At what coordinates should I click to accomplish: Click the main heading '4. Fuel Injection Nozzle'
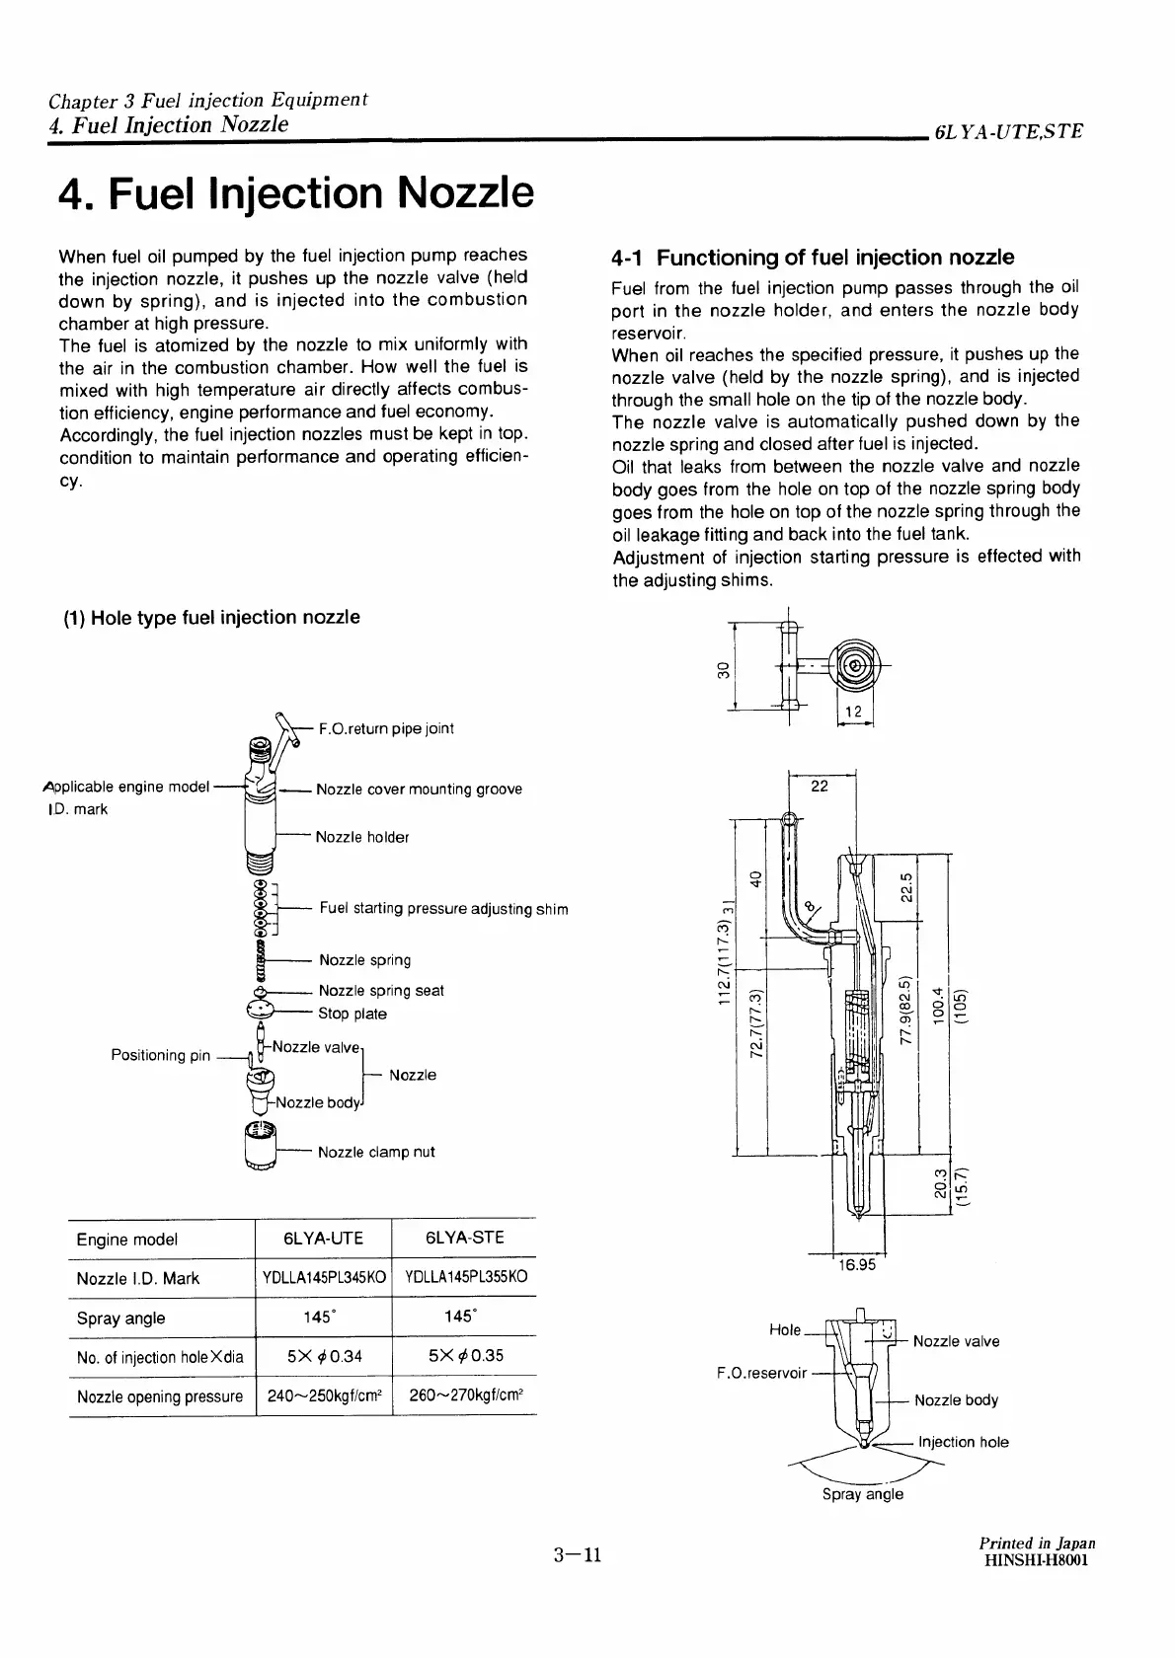(x=296, y=193)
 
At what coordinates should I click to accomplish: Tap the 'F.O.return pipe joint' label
(x=385, y=728)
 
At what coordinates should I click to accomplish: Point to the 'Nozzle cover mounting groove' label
(x=419, y=790)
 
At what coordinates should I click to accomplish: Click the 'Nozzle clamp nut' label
(x=376, y=1152)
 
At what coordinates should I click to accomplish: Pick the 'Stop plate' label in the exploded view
(x=352, y=1014)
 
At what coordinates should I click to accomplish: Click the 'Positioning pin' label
(x=161, y=1055)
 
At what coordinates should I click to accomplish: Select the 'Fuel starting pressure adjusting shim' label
(x=443, y=909)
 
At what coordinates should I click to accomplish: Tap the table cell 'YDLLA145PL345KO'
(x=323, y=1278)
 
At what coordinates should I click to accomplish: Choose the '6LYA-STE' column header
(x=464, y=1239)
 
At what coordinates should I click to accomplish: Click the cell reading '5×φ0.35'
(x=464, y=1356)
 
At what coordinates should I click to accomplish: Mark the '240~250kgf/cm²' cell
(x=323, y=1396)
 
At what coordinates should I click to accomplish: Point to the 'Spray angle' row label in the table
(x=120, y=1319)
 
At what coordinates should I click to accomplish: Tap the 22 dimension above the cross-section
(x=820, y=786)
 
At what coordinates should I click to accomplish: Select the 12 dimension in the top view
(x=853, y=713)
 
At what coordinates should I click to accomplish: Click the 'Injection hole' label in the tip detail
(x=963, y=1442)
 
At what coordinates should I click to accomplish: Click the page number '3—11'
(x=578, y=1556)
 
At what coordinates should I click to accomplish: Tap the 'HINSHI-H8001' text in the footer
(x=1038, y=1560)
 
